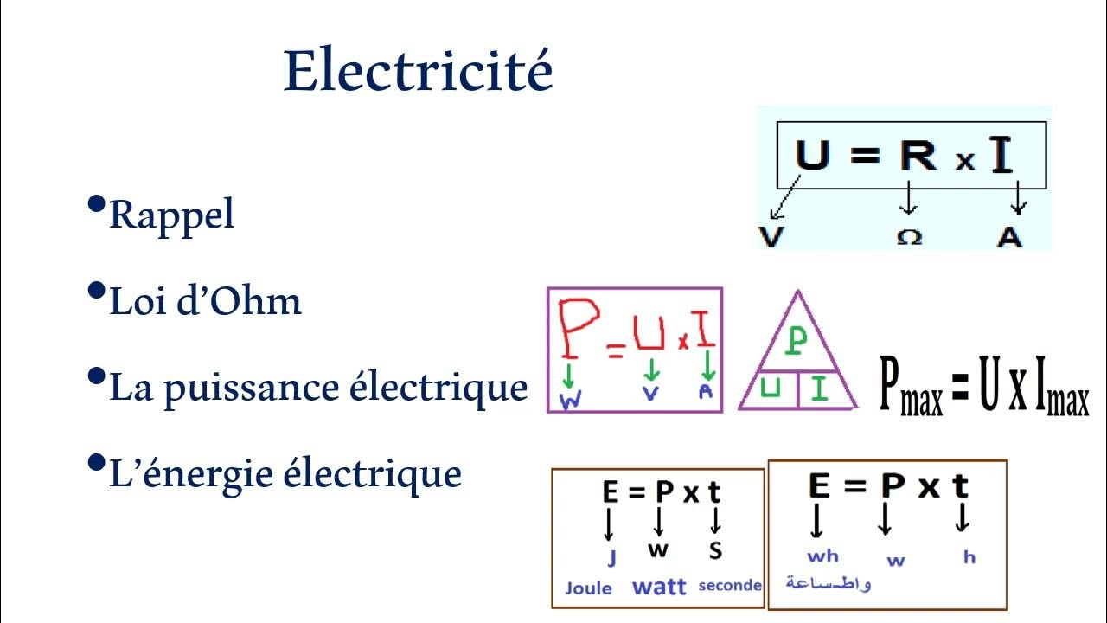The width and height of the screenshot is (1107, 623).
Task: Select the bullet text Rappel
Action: [x=171, y=215]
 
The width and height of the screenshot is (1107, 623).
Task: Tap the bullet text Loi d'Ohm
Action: [x=205, y=301]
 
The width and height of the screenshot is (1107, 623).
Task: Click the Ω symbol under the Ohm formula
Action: [x=908, y=237]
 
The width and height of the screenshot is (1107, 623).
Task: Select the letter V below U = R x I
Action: [x=770, y=236]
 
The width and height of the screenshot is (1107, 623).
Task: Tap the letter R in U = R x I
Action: [x=918, y=156]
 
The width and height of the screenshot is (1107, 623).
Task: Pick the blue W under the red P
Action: [x=571, y=400]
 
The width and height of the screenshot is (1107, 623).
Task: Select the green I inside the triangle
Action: [x=819, y=389]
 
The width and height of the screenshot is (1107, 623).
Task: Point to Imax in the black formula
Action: [x=1059, y=388]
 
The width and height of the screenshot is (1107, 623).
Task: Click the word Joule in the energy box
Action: [x=588, y=588]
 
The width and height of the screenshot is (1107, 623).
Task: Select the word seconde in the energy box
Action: [x=730, y=586]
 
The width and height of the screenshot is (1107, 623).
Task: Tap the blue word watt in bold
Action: [x=659, y=587]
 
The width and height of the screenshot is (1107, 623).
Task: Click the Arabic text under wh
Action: [x=828, y=582]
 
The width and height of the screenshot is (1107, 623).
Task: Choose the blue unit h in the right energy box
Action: [x=969, y=557]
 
